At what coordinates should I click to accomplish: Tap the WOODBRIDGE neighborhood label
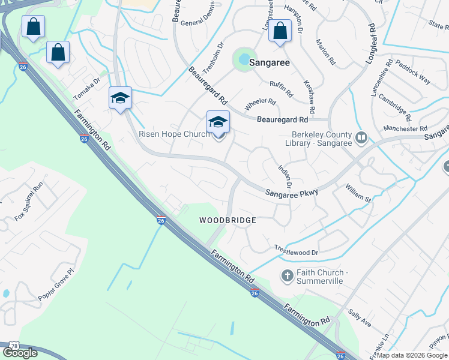[x=228, y=220]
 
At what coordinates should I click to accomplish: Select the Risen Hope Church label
[x=174, y=134]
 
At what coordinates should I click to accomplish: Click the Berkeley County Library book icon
[x=361, y=138]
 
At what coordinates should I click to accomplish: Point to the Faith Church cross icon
[x=288, y=275]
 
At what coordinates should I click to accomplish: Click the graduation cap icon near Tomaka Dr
[x=120, y=98]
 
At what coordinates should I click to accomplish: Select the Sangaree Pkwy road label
[x=292, y=191]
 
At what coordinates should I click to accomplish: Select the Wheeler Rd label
[x=261, y=102]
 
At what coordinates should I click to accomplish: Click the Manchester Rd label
[x=406, y=128]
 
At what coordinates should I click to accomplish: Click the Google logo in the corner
[x=20, y=352]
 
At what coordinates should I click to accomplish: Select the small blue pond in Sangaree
[x=244, y=59]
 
